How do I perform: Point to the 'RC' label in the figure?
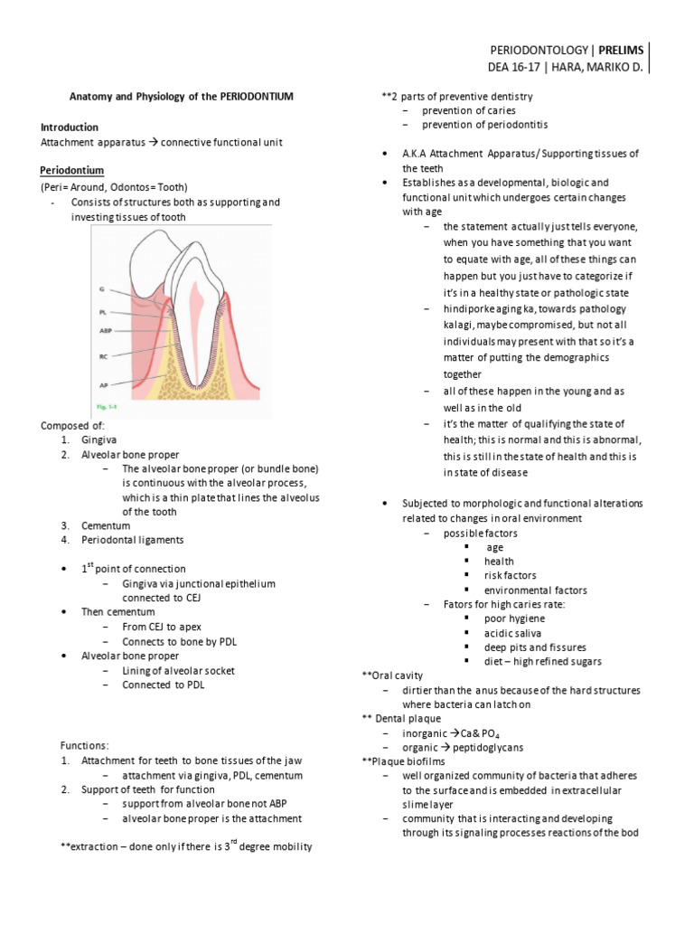(102, 356)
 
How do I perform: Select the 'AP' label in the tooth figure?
(102, 384)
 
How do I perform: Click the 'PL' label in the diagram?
(102, 310)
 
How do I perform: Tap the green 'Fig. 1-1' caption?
(108, 407)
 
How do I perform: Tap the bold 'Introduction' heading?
(70, 128)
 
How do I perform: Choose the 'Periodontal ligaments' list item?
(132, 540)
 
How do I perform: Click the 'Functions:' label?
(84, 746)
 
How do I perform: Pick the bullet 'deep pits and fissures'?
(535, 647)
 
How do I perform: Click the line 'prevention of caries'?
(470, 110)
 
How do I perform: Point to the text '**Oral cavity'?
(390, 676)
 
